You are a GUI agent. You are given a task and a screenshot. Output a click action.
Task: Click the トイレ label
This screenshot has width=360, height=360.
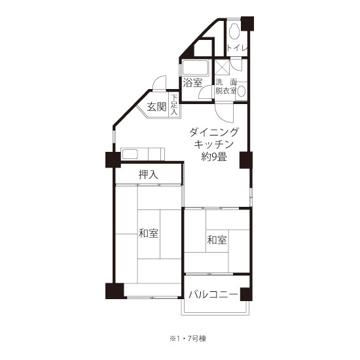coord(237,48)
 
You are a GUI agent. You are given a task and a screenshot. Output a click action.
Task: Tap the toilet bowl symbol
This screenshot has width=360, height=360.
coord(234,31)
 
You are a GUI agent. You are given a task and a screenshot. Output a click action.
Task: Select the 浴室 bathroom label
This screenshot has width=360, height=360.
coord(192,83)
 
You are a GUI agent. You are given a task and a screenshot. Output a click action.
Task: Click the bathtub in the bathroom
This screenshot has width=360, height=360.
coord(195,67)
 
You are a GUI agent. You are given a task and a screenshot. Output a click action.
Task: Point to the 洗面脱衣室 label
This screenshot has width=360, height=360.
coord(226,86)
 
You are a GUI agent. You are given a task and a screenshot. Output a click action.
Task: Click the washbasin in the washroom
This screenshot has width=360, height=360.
coord(242,91)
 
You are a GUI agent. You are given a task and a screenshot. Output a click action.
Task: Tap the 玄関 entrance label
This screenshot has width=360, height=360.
coord(156,107)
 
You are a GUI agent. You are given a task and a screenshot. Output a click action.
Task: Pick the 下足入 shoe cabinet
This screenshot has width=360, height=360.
coord(174,105)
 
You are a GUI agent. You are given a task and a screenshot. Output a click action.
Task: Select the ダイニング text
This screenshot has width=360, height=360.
coord(214,132)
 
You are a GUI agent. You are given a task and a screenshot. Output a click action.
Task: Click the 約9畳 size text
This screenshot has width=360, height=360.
coord(214,157)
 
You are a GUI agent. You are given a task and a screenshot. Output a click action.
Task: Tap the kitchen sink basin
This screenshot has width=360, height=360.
coord(130,154)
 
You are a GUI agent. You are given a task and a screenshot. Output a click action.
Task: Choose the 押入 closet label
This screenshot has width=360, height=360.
coord(149,175)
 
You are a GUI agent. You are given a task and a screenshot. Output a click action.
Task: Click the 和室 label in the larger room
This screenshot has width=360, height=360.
coord(149,233)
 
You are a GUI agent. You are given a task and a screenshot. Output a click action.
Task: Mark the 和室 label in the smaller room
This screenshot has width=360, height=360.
coord(217,240)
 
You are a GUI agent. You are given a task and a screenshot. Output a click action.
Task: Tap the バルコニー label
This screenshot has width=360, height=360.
coord(213,295)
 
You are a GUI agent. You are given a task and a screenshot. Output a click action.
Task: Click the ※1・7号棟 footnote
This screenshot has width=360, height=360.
coord(188,338)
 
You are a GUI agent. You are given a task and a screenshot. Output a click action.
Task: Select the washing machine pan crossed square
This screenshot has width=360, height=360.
coord(222,67)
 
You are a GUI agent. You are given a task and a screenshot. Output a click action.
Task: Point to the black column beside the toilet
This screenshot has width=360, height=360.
coord(247,24)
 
